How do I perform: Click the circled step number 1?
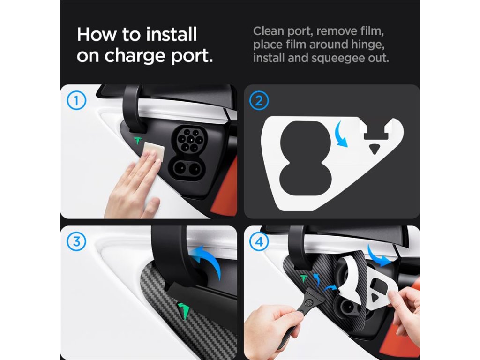click(76, 101)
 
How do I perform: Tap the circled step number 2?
click(259, 101)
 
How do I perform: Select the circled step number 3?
click(76, 241)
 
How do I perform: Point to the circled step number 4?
click(259, 242)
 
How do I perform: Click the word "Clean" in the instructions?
click(268, 31)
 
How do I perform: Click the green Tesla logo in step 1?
click(137, 141)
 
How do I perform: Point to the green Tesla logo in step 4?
click(304, 278)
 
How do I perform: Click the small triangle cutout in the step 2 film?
click(374, 149)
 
